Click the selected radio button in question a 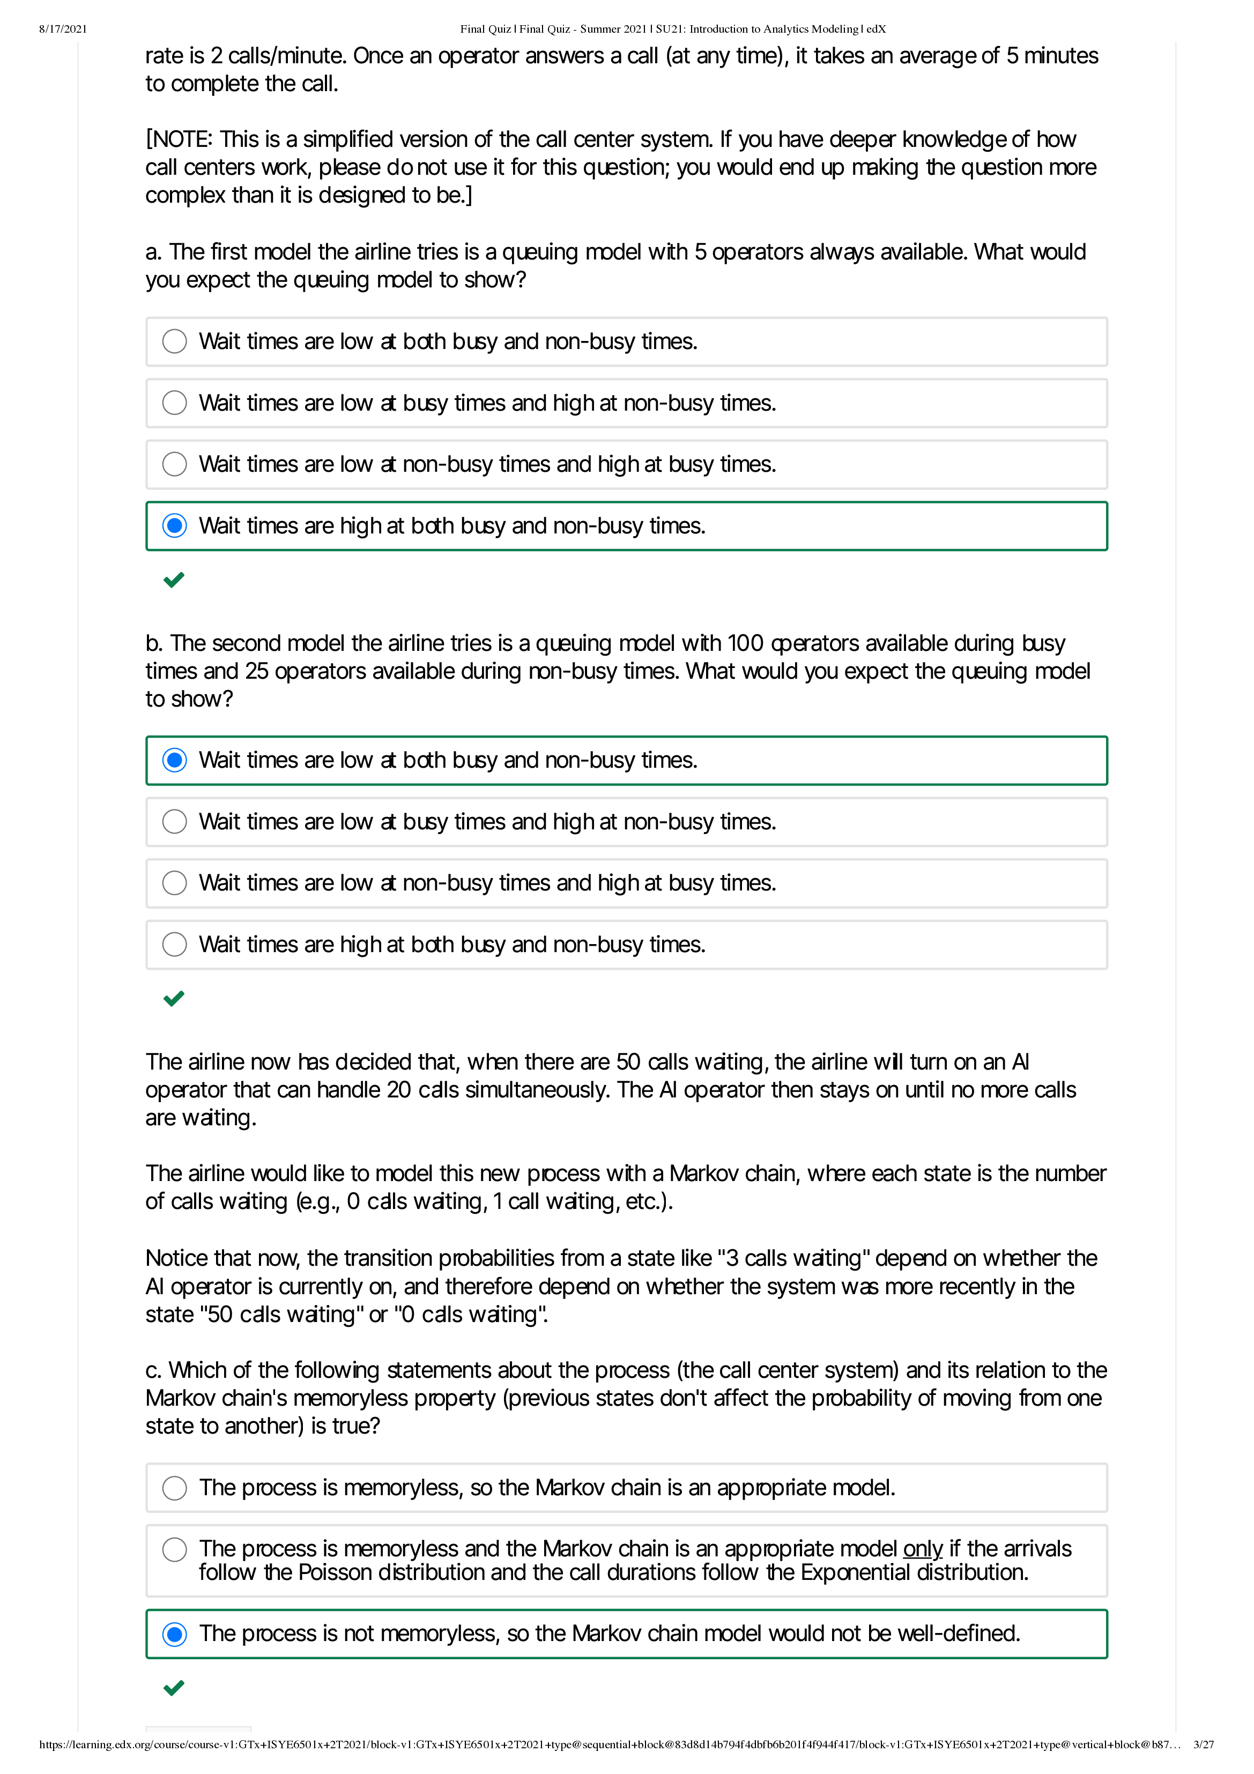175,526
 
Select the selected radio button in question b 175,760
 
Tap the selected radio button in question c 175,1634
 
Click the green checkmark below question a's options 174,580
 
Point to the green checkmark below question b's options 174,998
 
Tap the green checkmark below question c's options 174,1688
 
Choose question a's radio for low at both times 175,342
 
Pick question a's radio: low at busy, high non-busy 175,403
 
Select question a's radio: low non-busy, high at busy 175,464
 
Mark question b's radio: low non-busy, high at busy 175,883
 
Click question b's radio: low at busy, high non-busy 175,821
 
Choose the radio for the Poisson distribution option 175,1549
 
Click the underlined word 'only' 923,1549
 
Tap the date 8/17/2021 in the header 63,29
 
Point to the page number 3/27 1203,1745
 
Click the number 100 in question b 745,644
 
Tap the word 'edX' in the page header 875,29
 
